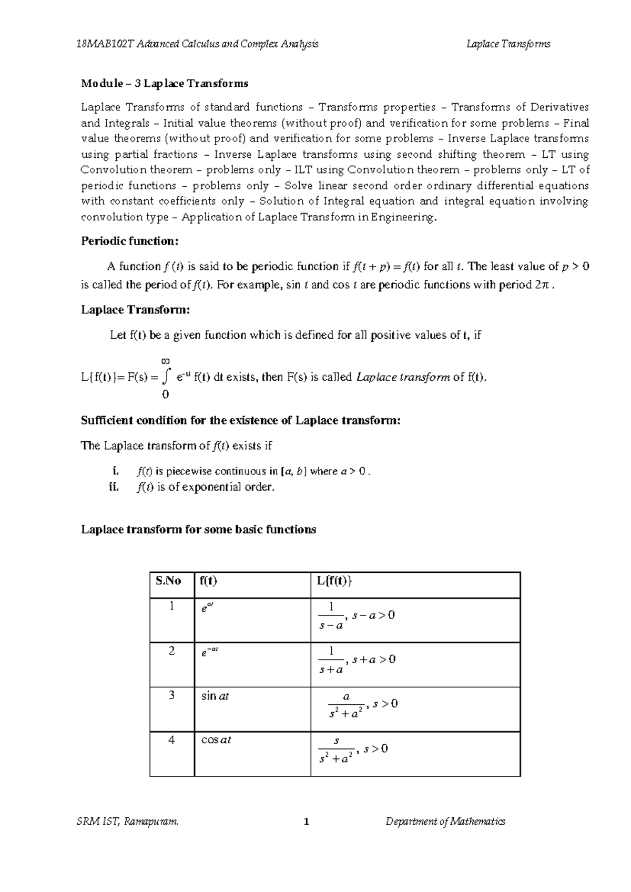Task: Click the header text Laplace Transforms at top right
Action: click(x=508, y=44)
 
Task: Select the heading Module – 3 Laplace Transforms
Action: click(x=165, y=84)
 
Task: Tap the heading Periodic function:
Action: click(x=130, y=241)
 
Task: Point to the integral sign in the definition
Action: click(x=166, y=376)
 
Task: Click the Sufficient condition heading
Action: click(x=241, y=420)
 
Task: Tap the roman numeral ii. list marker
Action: click(x=114, y=487)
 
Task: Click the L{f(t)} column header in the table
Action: click(x=335, y=581)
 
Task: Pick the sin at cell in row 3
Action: click(x=215, y=696)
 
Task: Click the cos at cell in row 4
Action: click(x=216, y=740)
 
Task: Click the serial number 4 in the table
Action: click(x=171, y=740)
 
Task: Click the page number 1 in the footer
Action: click(x=307, y=822)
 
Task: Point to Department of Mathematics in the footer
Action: click(x=445, y=822)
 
